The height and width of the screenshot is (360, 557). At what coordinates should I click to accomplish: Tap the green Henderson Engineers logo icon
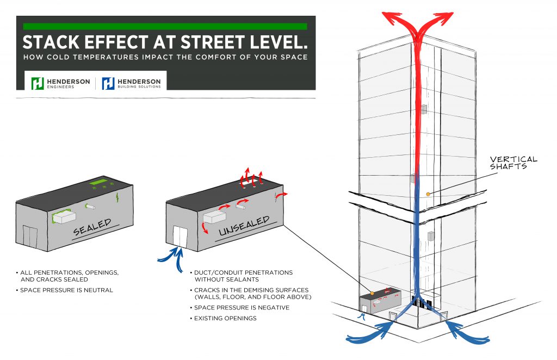click(x=37, y=83)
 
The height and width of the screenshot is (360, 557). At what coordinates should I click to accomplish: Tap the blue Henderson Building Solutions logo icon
click(x=108, y=83)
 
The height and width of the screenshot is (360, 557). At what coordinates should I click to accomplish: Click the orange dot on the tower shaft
click(x=428, y=194)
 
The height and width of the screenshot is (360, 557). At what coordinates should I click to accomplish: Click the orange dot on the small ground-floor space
click(x=372, y=294)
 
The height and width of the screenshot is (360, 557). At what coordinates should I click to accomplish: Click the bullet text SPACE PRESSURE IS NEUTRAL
click(x=66, y=290)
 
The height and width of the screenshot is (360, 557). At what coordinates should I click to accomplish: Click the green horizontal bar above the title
click(x=165, y=26)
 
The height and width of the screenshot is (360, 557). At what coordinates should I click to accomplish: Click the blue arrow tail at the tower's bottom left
click(x=362, y=337)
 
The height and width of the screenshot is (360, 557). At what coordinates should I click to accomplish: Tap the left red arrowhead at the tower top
click(x=391, y=16)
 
